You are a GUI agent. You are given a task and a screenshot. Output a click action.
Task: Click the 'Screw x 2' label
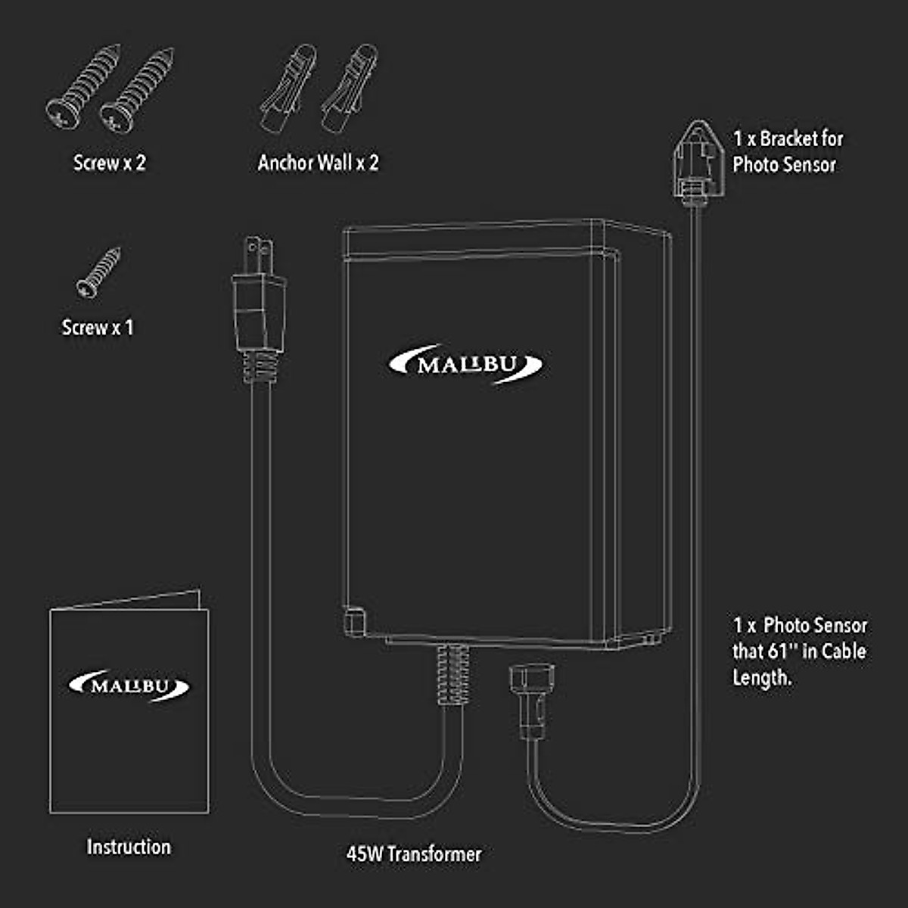pos(109,163)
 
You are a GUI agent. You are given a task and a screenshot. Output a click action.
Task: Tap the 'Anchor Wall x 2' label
pos(318,163)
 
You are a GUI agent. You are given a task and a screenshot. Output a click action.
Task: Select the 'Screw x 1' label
pos(97,328)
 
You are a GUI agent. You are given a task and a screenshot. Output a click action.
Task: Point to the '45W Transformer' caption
pos(413,854)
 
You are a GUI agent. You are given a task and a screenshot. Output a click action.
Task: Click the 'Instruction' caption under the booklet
pos(129,847)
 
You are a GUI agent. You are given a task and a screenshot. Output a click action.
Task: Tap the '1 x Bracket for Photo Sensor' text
pos(787,151)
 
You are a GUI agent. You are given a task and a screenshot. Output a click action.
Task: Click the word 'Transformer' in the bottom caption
pos(435,854)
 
